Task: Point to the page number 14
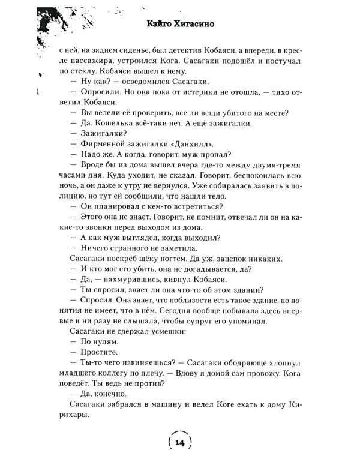(x=180, y=442)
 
